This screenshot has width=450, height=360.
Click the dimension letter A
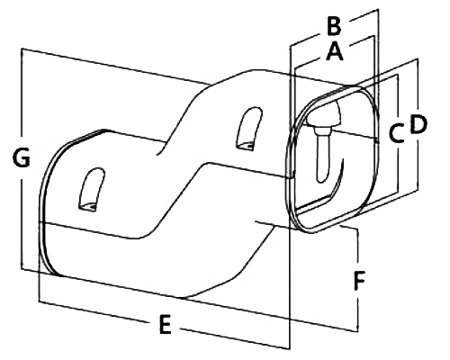[335, 51]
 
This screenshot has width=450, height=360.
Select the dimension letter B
[334, 26]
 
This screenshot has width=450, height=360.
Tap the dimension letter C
[396, 133]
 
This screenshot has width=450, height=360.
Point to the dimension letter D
[418, 124]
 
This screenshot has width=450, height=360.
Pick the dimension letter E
[165, 324]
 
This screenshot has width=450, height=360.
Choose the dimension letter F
[359, 281]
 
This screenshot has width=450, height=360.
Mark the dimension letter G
[22, 157]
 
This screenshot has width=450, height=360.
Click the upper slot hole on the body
[249, 129]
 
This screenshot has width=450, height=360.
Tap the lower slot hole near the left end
[92, 190]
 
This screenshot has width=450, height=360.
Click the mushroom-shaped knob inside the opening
[326, 114]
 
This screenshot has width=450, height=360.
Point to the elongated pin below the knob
[323, 159]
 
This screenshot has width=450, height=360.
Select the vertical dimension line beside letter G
[22, 158]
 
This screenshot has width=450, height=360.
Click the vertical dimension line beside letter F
[357, 279]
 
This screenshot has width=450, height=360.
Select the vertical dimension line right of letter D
[418, 124]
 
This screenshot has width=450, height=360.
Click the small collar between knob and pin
[322, 130]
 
